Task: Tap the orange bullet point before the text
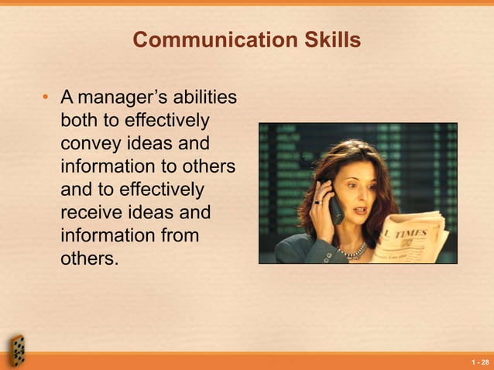[46, 98]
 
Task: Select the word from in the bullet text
[177, 235]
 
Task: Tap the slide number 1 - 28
[480, 361]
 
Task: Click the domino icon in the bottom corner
[17, 350]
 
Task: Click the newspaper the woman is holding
[410, 236]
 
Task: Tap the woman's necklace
[353, 252]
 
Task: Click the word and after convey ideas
[194, 145]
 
